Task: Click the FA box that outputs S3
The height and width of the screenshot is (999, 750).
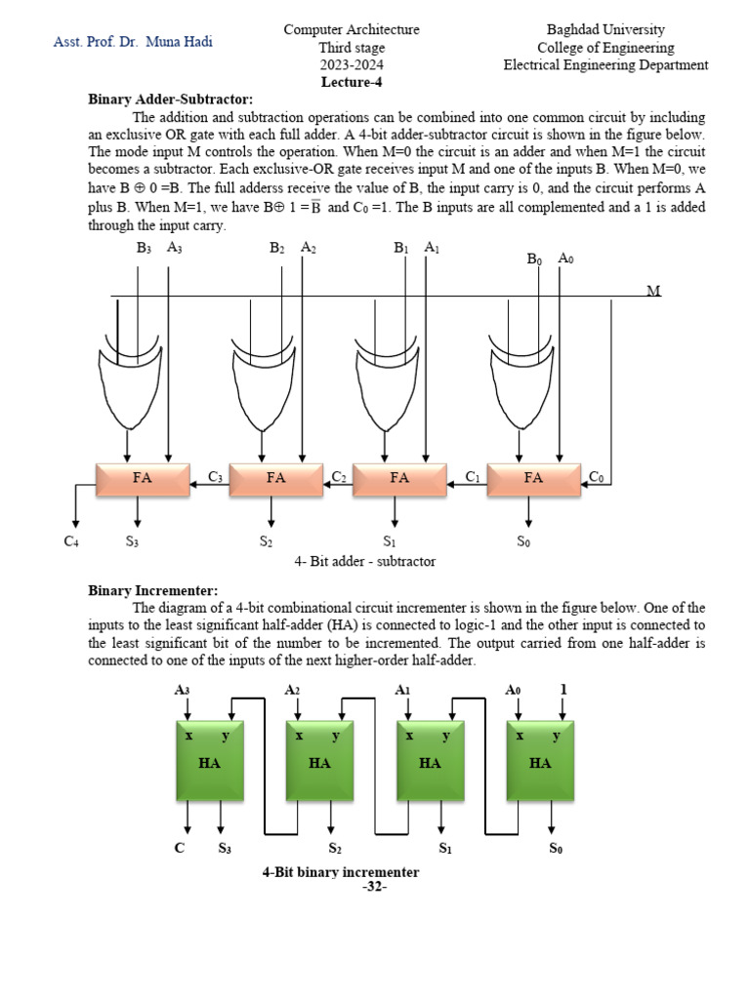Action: (143, 478)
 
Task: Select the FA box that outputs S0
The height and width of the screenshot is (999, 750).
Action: (533, 478)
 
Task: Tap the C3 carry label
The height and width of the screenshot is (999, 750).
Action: (216, 476)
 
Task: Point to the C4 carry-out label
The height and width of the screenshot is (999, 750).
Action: (71, 541)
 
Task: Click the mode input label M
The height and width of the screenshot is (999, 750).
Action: (653, 291)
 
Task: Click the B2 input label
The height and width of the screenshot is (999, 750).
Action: (277, 248)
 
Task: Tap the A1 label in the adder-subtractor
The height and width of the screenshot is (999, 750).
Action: (432, 248)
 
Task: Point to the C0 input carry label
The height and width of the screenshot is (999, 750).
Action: (596, 476)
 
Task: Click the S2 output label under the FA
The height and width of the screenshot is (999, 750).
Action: (266, 541)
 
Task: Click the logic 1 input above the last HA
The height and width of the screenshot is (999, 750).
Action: (563, 690)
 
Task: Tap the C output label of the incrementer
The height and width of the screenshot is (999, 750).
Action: (179, 848)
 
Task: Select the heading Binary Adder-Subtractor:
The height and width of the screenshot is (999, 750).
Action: (170, 99)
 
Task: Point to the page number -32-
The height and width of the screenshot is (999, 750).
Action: (374, 887)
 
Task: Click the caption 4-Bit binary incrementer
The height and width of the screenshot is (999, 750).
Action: (341, 872)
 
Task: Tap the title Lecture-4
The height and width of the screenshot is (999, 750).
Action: (351, 82)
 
